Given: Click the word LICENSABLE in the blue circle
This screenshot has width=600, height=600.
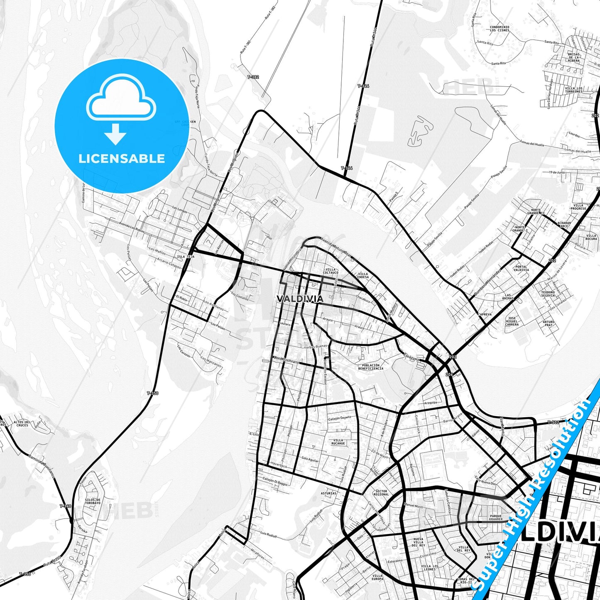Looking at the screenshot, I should tap(122, 159).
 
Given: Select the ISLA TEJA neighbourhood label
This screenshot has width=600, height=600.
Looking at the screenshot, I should tap(186, 257).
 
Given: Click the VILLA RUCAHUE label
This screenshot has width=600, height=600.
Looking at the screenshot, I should tap(338, 441).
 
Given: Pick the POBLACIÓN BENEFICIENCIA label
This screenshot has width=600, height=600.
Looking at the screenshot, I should tap(371, 367).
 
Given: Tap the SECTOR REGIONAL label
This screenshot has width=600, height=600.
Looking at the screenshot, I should tap(381, 493).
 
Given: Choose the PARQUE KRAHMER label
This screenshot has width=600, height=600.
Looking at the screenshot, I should tap(496, 517).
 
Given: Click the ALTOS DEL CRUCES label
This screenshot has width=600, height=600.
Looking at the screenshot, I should tap(21, 424).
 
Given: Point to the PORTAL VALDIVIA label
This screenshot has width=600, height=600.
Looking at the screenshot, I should tap(521, 268).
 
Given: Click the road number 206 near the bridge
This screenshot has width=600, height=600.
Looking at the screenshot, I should tap(448, 375).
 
